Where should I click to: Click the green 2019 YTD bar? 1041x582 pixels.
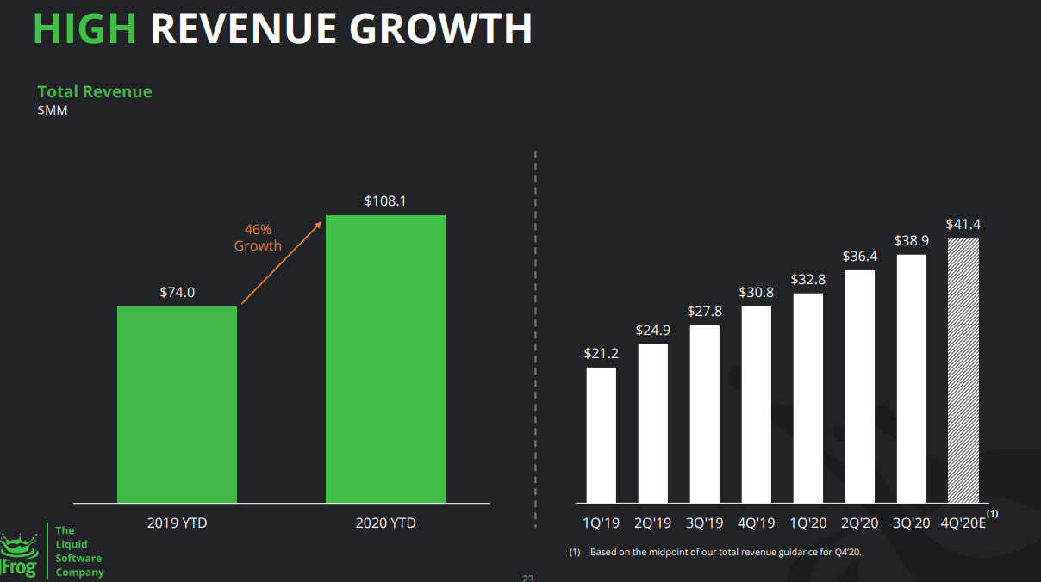(x=177, y=405)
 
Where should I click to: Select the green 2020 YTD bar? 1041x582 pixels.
(x=385, y=359)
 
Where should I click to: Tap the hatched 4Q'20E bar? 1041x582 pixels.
(x=963, y=370)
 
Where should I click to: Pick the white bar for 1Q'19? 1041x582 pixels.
(x=602, y=435)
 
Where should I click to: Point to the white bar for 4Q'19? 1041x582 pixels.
(x=756, y=405)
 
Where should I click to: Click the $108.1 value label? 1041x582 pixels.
(x=385, y=201)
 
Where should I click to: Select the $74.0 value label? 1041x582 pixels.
(x=177, y=293)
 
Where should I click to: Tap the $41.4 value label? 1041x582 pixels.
(x=963, y=225)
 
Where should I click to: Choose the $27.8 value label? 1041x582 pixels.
(x=705, y=311)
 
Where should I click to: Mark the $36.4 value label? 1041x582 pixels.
(x=860, y=257)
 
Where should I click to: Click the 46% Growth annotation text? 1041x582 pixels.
(x=258, y=238)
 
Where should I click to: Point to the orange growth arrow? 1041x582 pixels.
(x=282, y=263)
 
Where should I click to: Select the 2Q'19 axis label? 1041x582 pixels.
(x=653, y=523)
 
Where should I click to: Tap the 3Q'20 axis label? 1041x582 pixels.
(x=912, y=523)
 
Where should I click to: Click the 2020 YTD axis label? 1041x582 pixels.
(x=386, y=523)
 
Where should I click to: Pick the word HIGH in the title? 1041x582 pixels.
(x=84, y=28)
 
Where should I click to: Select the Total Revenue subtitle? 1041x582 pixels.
(x=95, y=91)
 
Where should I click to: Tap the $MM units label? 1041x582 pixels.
(x=53, y=110)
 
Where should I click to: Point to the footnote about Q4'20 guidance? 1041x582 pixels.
(x=715, y=552)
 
